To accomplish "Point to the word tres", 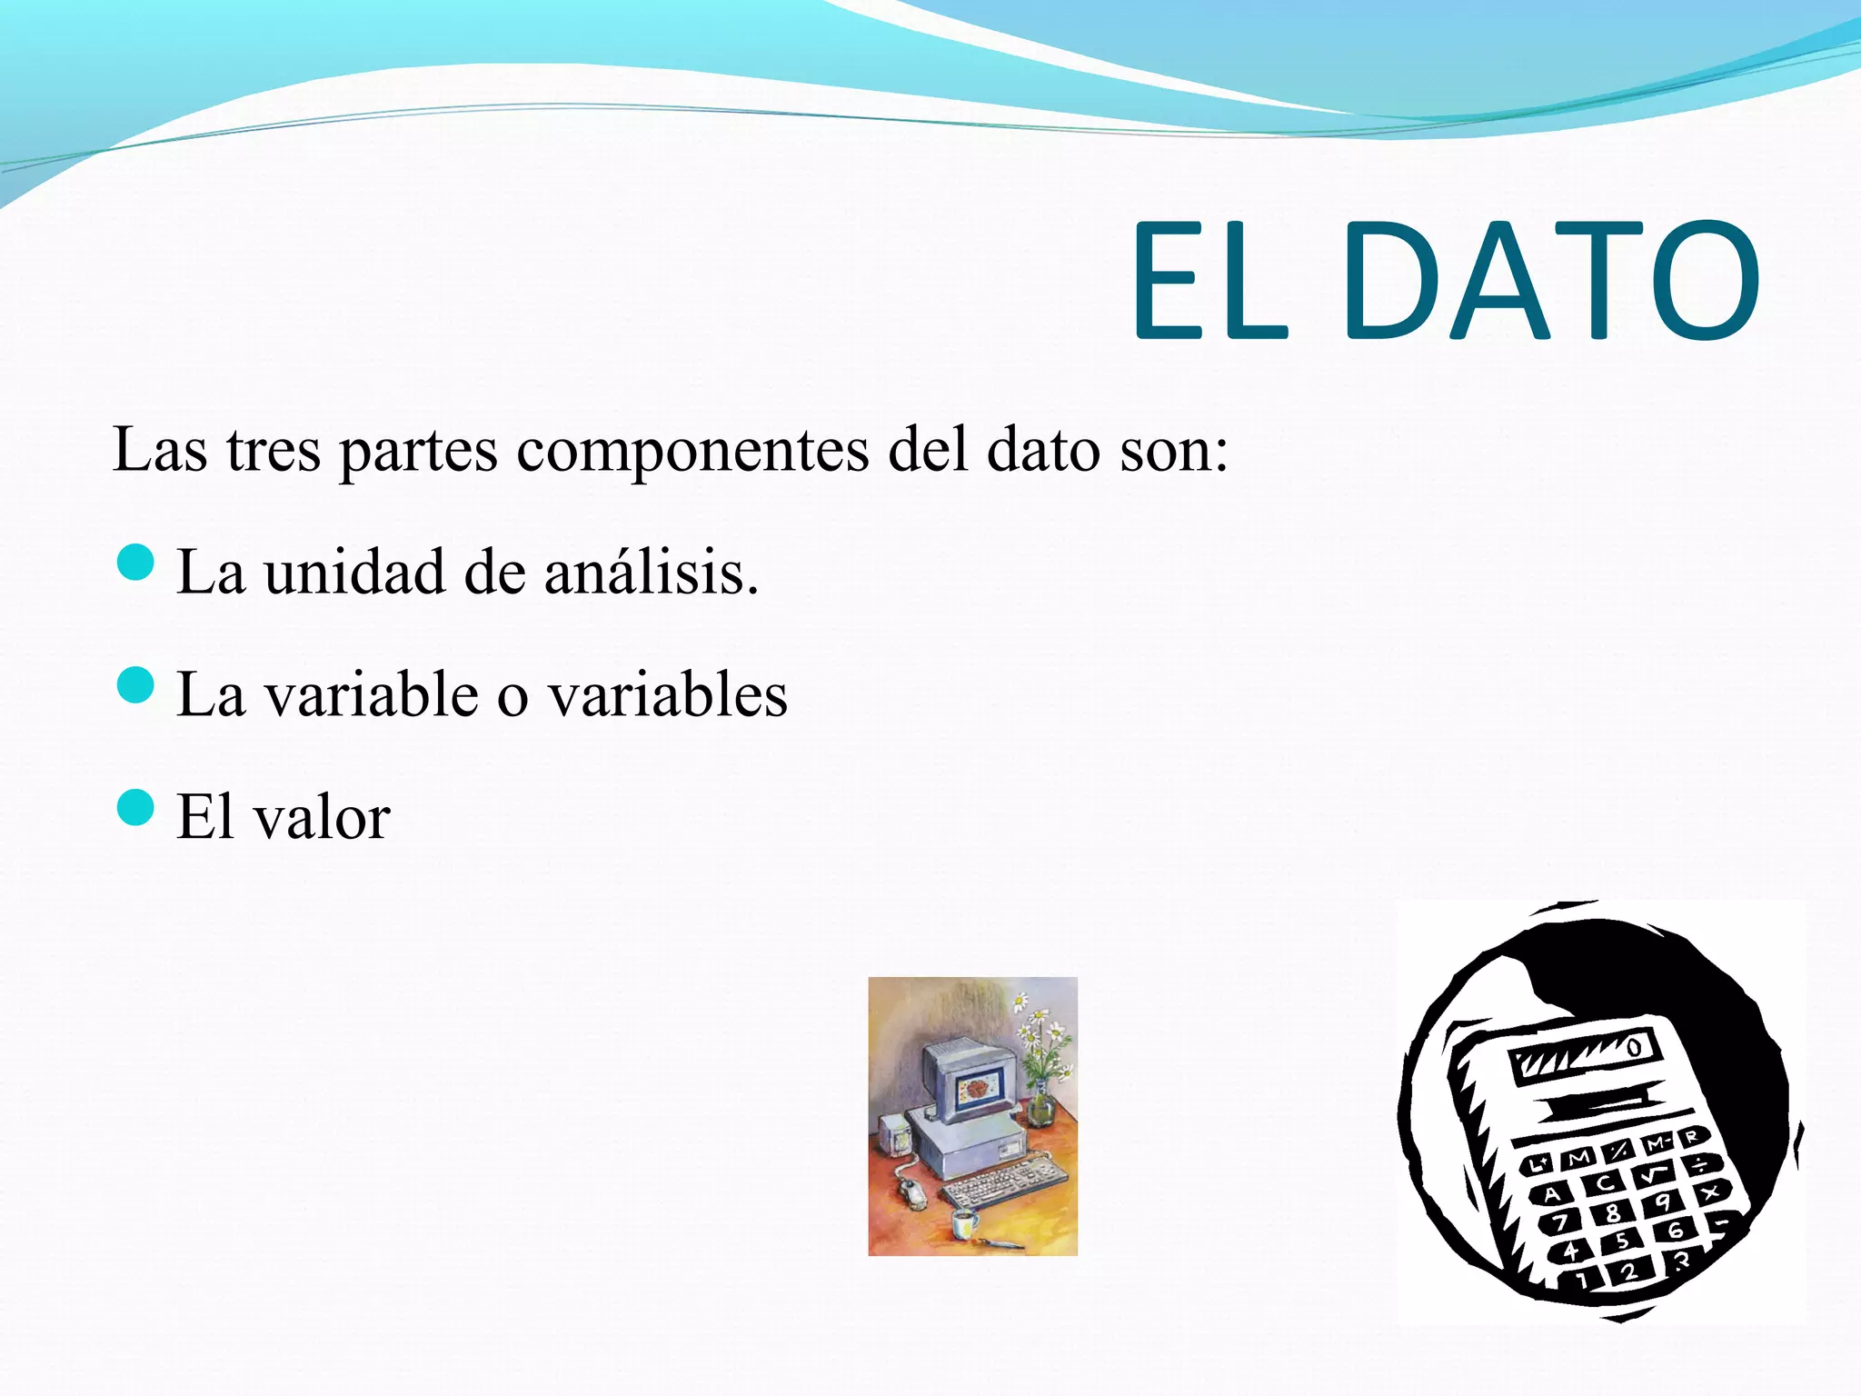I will click(x=274, y=450).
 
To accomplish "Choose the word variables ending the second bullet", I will click(x=668, y=695).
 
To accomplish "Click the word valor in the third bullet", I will click(x=322, y=817).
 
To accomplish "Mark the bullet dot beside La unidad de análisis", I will click(x=136, y=563).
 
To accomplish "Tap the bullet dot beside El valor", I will click(x=136, y=807).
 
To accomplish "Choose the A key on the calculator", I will click(x=1552, y=1194).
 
